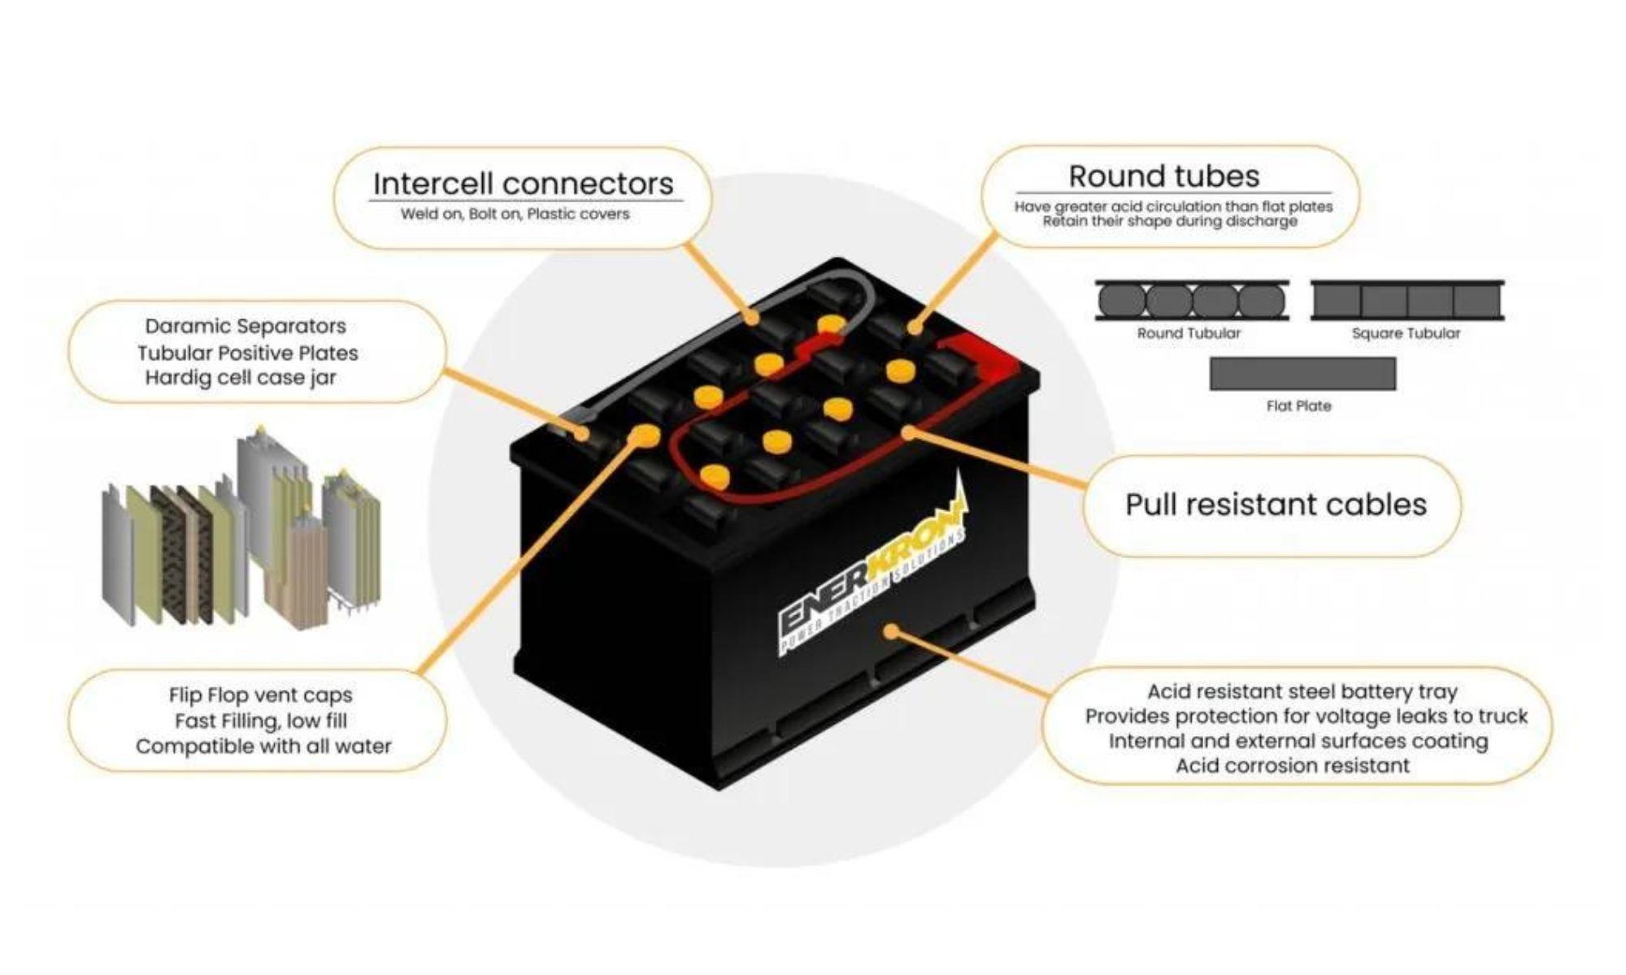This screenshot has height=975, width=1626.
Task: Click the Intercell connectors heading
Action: pos(523,184)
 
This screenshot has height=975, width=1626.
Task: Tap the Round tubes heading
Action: pos(1163,176)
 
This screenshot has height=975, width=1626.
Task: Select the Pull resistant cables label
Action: pos(1275,505)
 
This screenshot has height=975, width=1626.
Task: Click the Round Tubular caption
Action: pos(1189,333)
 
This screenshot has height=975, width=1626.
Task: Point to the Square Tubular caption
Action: pos(1406,333)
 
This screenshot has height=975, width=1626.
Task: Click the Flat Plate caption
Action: pos(1298,405)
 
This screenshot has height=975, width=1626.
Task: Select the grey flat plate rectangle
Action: pos(1302,374)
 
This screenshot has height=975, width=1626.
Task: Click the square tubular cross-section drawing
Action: pos(1407,301)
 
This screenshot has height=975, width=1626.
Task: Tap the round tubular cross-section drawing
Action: pos(1191,301)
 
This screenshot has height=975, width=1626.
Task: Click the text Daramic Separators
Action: pos(246,326)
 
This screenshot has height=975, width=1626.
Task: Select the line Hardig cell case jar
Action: pos(241,378)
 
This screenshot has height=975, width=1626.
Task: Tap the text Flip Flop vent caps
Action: pos(260,695)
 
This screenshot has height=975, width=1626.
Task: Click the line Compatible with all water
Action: pos(263,746)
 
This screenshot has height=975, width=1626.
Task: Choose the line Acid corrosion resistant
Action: pos(1293,765)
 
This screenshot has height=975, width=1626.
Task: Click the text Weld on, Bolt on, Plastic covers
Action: pos(515,214)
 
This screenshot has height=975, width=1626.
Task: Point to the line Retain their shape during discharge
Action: pos(1170,221)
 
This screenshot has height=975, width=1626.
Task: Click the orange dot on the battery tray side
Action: pos(892,631)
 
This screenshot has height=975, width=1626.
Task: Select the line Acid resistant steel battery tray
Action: pos(1302,691)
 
